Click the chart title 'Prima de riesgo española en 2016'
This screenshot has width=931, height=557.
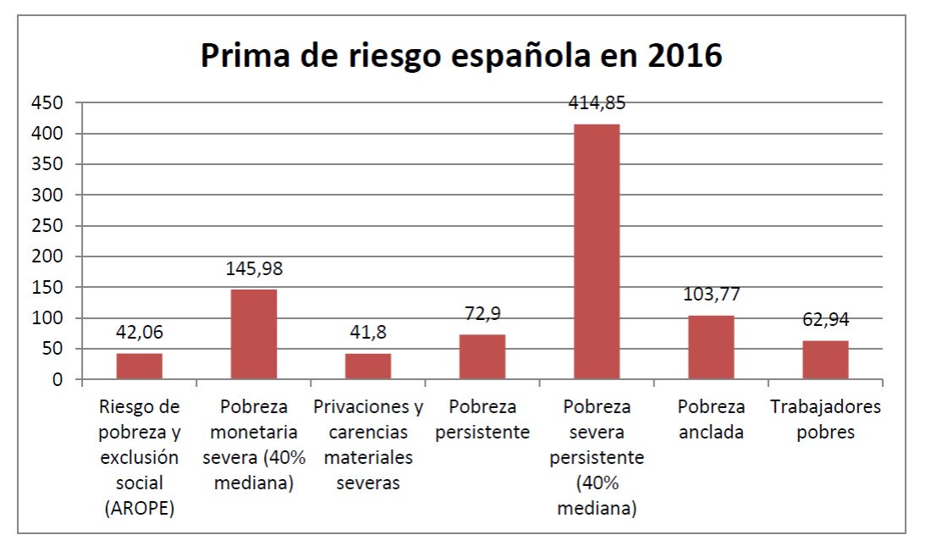pos(461,56)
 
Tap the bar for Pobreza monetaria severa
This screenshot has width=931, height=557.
pos(254,334)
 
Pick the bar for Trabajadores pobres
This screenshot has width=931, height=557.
pos(825,360)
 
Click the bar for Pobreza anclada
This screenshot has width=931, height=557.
pos(711,347)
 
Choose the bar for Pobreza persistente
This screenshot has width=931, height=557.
pos(482,356)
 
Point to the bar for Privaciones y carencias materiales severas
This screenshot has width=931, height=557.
pos(368,366)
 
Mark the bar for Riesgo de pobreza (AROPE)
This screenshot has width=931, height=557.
pos(140,366)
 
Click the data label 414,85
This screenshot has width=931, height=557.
pos(597,103)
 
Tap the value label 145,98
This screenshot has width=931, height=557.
pos(254,269)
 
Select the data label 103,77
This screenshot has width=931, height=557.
pos(711,295)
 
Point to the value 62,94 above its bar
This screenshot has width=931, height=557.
pos(825,320)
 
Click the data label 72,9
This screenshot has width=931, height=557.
pos(482,314)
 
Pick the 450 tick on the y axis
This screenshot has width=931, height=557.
pos(48,102)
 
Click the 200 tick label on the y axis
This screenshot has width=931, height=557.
pos(48,256)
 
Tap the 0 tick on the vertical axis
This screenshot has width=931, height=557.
pos(58,379)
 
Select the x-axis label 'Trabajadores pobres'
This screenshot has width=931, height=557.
pos(825,419)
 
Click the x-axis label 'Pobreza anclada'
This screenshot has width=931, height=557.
pos(711,419)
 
